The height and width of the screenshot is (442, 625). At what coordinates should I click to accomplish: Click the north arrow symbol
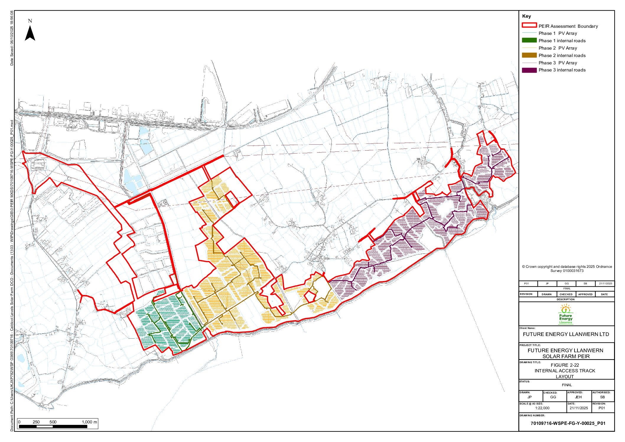point(30,33)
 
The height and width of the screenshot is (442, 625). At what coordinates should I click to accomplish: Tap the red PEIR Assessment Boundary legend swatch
point(529,25)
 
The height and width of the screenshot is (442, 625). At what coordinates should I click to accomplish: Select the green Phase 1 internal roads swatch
point(529,40)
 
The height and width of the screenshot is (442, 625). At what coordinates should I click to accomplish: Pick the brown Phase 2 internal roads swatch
point(529,55)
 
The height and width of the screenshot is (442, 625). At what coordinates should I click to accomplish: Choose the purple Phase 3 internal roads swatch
point(529,70)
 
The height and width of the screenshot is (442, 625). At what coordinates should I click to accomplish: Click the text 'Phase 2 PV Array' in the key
point(557,48)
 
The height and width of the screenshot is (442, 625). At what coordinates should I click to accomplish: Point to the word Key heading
point(526,16)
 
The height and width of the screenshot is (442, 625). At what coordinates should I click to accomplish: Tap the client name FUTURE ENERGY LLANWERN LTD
point(566,334)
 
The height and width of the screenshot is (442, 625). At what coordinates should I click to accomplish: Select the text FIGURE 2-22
point(565,365)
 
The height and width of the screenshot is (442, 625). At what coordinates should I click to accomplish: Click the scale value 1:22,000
point(542,408)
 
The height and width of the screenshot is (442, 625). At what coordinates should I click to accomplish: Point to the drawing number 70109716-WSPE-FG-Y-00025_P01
point(568,423)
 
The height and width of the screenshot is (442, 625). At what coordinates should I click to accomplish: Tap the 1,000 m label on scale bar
point(89,422)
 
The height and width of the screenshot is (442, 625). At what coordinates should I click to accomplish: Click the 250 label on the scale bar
point(36,422)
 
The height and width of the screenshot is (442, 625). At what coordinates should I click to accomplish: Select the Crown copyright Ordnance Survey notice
point(567,268)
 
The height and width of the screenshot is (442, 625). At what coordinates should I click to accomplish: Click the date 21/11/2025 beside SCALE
point(579,408)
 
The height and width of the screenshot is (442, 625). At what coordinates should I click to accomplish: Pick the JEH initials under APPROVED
point(578,397)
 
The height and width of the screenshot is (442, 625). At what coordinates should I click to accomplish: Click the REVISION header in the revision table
point(526,294)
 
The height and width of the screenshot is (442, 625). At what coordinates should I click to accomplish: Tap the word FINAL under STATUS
point(567,385)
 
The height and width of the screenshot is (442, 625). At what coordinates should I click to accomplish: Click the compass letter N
point(30,21)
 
